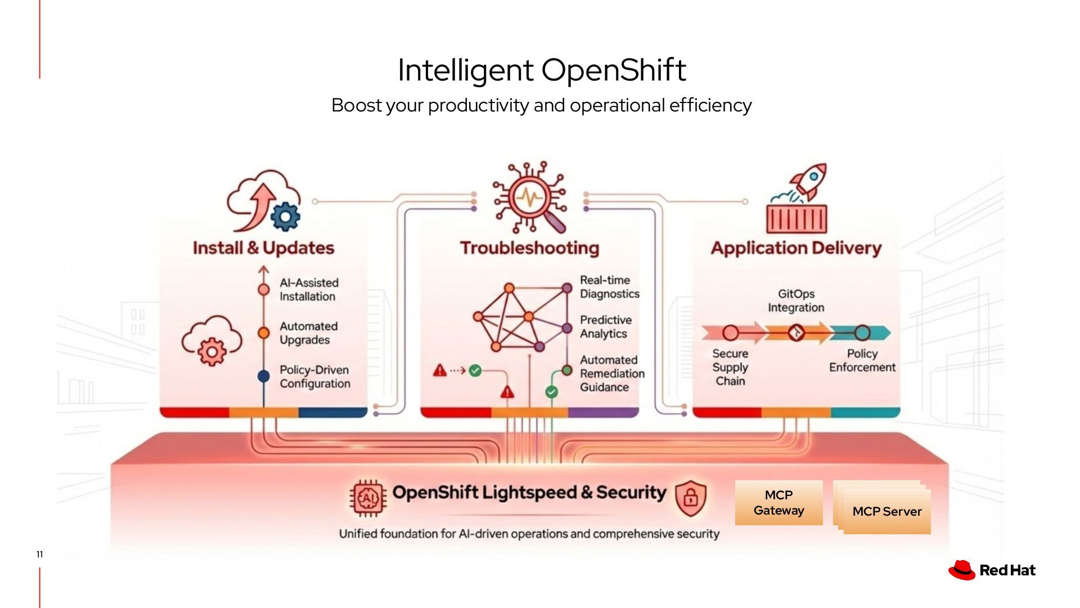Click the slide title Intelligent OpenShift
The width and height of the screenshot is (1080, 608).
[541, 70]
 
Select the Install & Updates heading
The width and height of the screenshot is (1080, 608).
[263, 248]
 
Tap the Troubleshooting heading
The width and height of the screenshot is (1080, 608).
[529, 248]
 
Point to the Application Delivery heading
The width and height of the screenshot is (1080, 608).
[796, 248]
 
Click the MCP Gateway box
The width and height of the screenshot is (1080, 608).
[778, 503]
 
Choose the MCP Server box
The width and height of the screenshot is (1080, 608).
[886, 511]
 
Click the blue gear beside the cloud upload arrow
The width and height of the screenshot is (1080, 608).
[285, 216]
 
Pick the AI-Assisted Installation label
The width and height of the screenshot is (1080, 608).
[309, 289]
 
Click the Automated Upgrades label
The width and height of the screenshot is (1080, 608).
[308, 333]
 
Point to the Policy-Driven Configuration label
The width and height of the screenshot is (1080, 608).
[314, 377]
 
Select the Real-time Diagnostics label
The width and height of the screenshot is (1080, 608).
[609, 287]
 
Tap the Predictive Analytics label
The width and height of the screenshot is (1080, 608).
[605, 327]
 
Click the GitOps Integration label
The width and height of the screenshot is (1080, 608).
[796, 301]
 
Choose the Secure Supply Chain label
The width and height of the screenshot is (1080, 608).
[730, 367]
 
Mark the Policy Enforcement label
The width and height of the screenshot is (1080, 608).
[862, 360]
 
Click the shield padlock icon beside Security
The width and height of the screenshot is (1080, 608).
[690, 498]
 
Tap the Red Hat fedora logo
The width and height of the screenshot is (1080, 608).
[962, 570]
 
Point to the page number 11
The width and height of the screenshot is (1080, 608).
[39, 555]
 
